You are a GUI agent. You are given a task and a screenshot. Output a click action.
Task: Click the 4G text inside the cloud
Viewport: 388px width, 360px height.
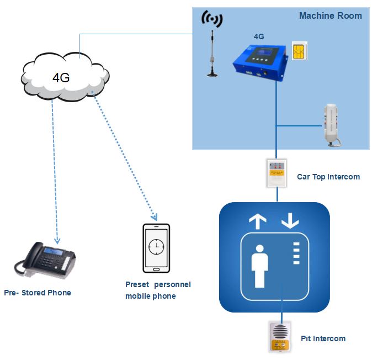61,77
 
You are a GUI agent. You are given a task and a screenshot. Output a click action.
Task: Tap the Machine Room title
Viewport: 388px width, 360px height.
330,15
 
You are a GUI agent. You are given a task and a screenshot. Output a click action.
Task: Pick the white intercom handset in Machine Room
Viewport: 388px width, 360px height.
332,124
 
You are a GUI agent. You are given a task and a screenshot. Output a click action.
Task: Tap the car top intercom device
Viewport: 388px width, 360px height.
276,172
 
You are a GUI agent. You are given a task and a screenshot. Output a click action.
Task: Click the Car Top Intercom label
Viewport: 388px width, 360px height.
328,177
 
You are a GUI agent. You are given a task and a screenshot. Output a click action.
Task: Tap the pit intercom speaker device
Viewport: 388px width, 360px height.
280,336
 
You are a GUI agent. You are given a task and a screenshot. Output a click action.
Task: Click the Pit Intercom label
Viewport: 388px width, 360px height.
323,338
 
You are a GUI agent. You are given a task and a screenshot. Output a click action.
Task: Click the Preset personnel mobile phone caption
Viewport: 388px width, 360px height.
158,290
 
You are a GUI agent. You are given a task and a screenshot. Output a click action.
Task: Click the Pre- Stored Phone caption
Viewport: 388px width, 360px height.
37,293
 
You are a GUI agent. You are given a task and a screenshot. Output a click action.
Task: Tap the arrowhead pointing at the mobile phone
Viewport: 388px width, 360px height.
156,217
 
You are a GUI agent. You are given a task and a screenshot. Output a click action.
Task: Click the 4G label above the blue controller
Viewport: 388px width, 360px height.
258,36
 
